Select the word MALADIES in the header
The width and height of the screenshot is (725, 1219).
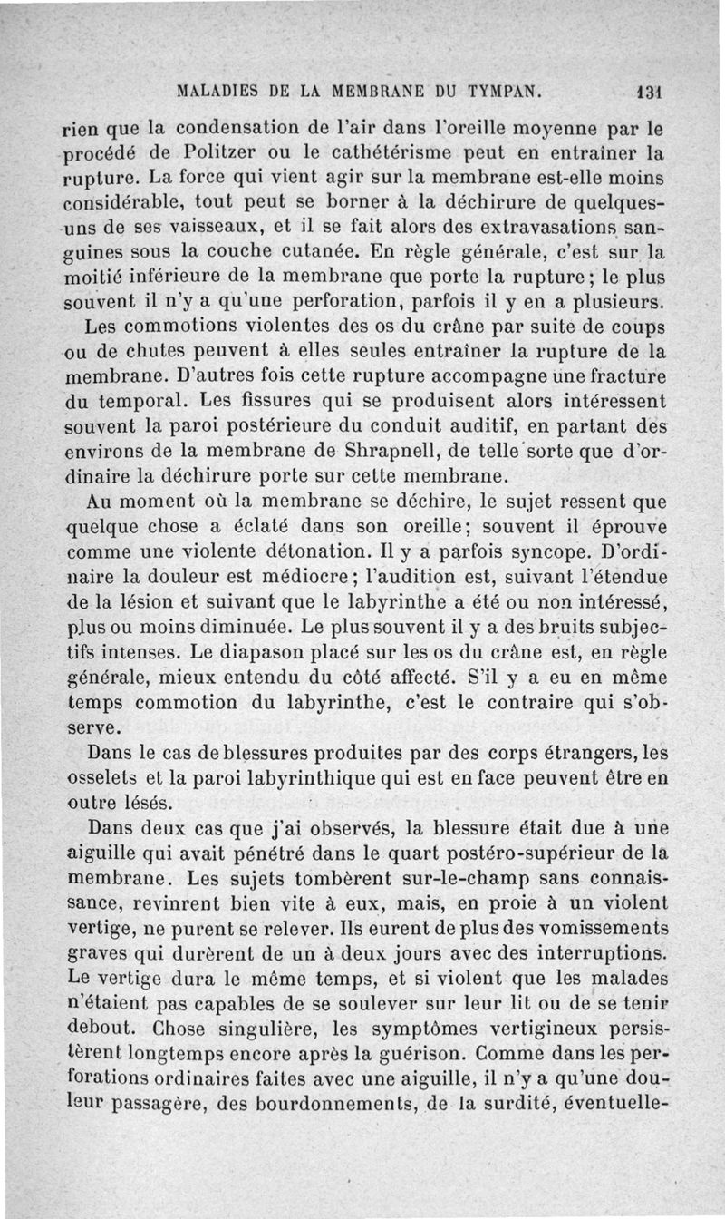(215, 92)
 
